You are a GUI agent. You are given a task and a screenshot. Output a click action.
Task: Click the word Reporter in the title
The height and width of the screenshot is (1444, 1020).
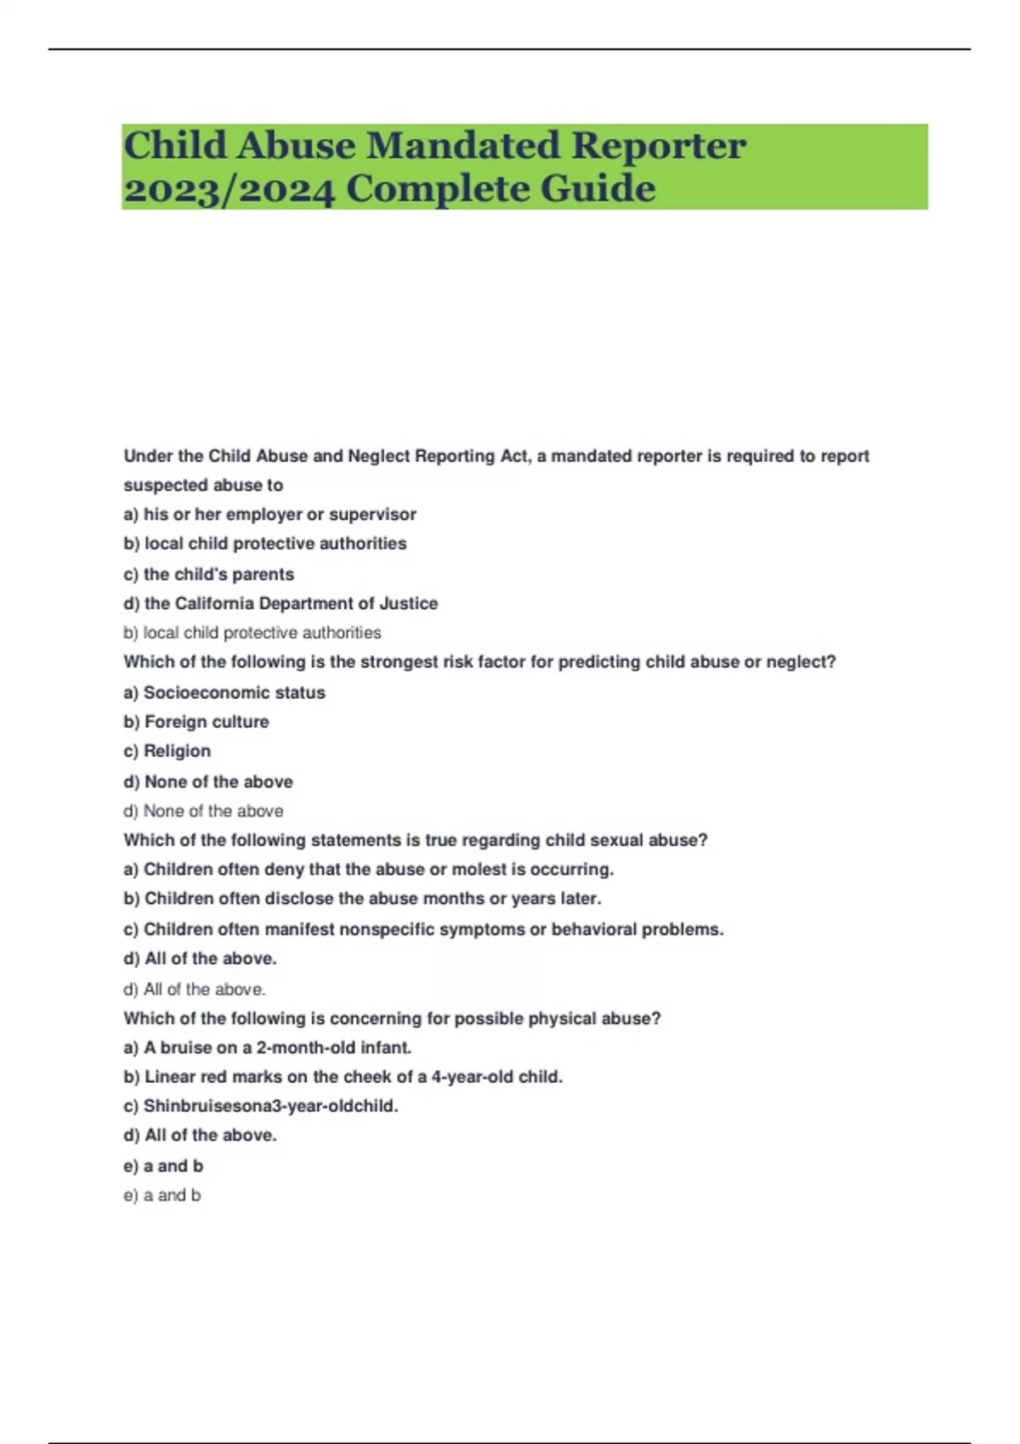(x=659, y=146)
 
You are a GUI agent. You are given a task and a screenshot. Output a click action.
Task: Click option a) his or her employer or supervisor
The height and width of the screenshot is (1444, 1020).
(x=269, y=514)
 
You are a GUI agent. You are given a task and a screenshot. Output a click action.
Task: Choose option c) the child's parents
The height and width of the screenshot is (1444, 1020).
(x=208, y=574)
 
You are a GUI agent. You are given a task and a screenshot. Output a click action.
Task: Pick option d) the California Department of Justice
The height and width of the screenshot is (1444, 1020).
(x=280, y=603)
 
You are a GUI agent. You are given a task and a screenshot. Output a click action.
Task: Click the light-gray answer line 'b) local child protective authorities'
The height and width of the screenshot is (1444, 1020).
(x=252, y=633)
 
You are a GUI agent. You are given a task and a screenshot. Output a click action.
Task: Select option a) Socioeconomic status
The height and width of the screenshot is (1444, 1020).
(x=224, y=692)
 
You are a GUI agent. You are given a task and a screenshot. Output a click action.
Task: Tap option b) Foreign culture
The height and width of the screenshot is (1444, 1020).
(x=196, y=722)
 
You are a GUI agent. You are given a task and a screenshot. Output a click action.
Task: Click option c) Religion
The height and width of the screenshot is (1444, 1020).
(x=167, y=751)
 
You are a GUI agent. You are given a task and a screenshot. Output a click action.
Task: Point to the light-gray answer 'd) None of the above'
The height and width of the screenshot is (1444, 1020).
(x=203, y=811)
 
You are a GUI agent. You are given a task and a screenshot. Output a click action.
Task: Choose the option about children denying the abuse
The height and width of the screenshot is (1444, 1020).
(x=368, y=870)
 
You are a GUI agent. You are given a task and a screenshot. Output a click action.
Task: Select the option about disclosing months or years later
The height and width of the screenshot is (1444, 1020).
(x=362, y=899)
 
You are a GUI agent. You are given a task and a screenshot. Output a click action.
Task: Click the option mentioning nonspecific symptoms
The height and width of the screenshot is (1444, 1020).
(x=423, y=929)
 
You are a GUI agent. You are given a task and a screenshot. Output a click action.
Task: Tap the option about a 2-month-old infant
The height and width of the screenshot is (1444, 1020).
(x=267, y=1047)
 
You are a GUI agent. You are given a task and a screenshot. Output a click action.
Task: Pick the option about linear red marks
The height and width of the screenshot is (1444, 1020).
(x=343, y=1077)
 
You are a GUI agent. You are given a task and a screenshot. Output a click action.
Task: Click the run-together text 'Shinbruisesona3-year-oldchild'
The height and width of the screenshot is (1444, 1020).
(x=261, y=1106)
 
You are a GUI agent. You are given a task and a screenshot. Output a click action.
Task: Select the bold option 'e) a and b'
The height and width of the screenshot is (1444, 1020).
(x=163, y=1165)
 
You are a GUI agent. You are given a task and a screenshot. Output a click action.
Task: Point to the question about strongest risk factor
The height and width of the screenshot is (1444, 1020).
(x=479, y=662)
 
